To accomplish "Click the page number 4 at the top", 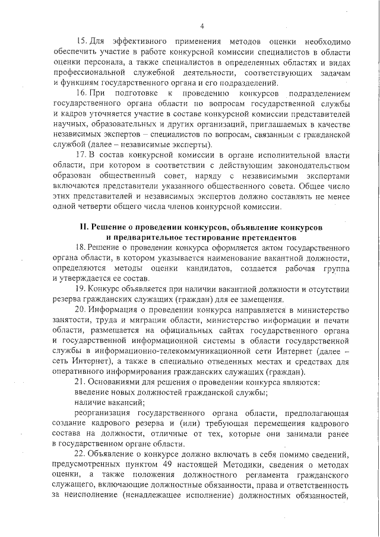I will (202, 26).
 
